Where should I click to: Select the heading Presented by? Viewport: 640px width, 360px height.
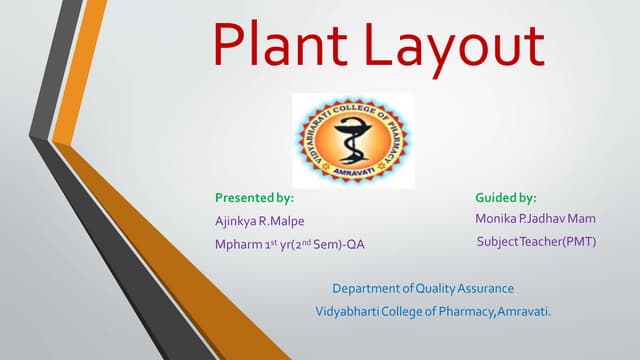tap(254, 198)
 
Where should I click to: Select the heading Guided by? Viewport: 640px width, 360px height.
tap(506, 198)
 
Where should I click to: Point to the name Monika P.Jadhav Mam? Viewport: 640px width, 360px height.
tap(535, 218)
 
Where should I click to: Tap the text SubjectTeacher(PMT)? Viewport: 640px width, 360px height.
tap(536, 241)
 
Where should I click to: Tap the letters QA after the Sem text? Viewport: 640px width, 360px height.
tap(370, 243)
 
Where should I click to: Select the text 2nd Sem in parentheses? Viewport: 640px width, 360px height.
tap(324, 243)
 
